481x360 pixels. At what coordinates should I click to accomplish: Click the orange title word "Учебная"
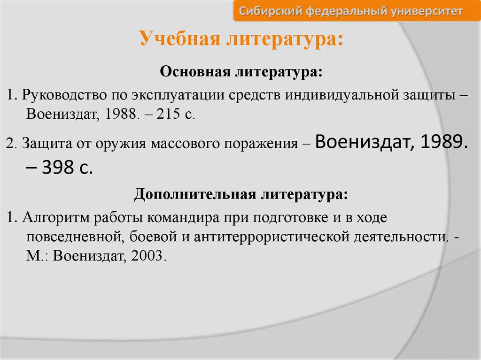tap(180, 39)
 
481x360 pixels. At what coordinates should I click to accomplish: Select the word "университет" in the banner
tap(427, 11)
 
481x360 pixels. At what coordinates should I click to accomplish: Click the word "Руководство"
tap(64, 95)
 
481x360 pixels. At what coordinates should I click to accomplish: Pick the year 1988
tap(120, 114)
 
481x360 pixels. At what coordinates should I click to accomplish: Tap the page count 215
tap(168, 114)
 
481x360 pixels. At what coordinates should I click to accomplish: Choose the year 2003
tap(147, 256)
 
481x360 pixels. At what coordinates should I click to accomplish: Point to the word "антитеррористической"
tap(272, 237)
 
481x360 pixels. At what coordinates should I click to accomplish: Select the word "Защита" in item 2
tap(47, 143)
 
